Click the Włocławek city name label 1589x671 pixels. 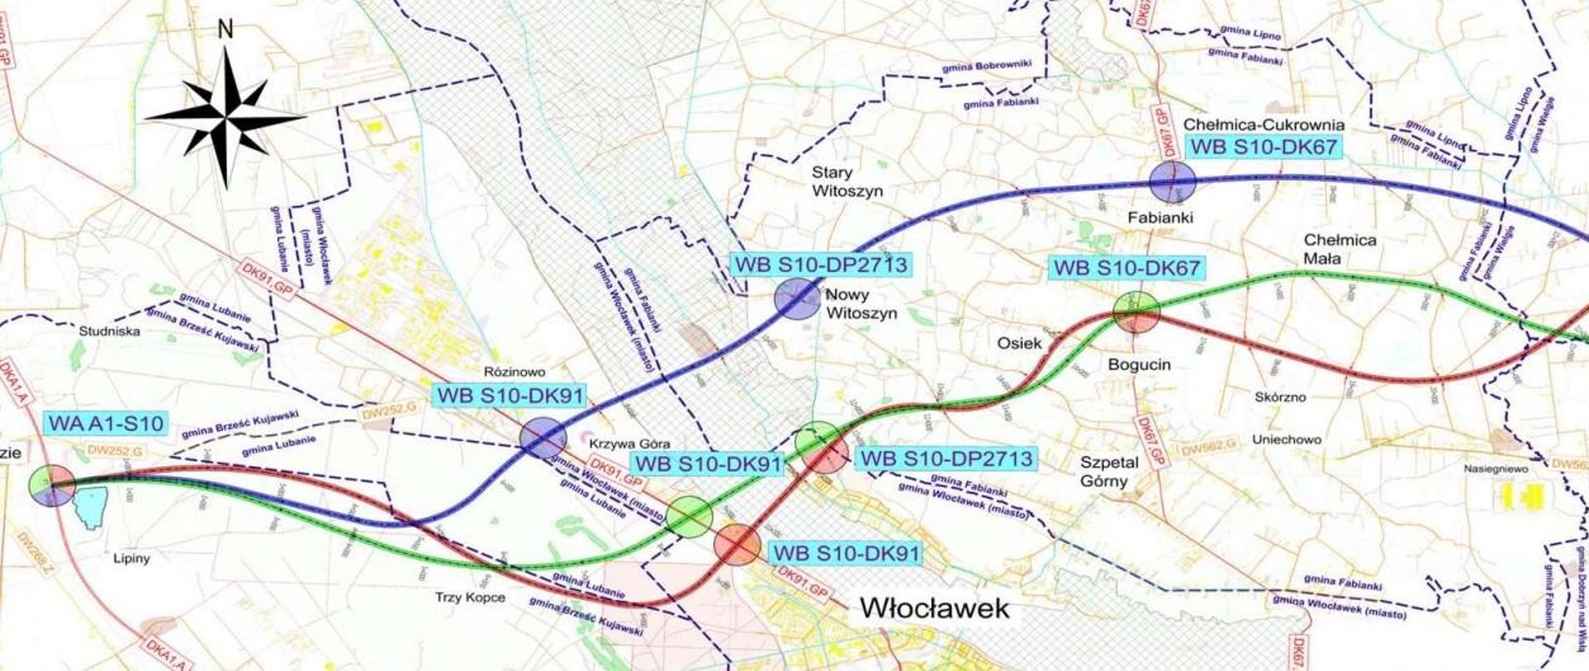pos(935,608)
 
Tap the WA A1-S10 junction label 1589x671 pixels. pos(107,423)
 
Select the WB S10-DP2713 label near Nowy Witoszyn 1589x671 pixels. pos(819,265)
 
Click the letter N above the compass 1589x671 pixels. pos(224,30)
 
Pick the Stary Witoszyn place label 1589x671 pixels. pos(847,182)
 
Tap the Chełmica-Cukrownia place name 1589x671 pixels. pos(1264,125)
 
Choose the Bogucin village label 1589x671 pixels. pos(1140,364)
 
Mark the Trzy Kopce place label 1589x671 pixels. pos(470,597)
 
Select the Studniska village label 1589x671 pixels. pos(109,331)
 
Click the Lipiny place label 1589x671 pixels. pos(132,558)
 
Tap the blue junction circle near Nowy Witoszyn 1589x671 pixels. pos(797,299)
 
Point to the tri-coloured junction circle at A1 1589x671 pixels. pos(51,485)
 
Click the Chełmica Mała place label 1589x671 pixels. pos(1340,249)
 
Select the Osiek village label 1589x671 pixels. pos(1019,343)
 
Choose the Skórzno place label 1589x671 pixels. pos(1279,397)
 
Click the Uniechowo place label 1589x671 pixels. pos(1286,439)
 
